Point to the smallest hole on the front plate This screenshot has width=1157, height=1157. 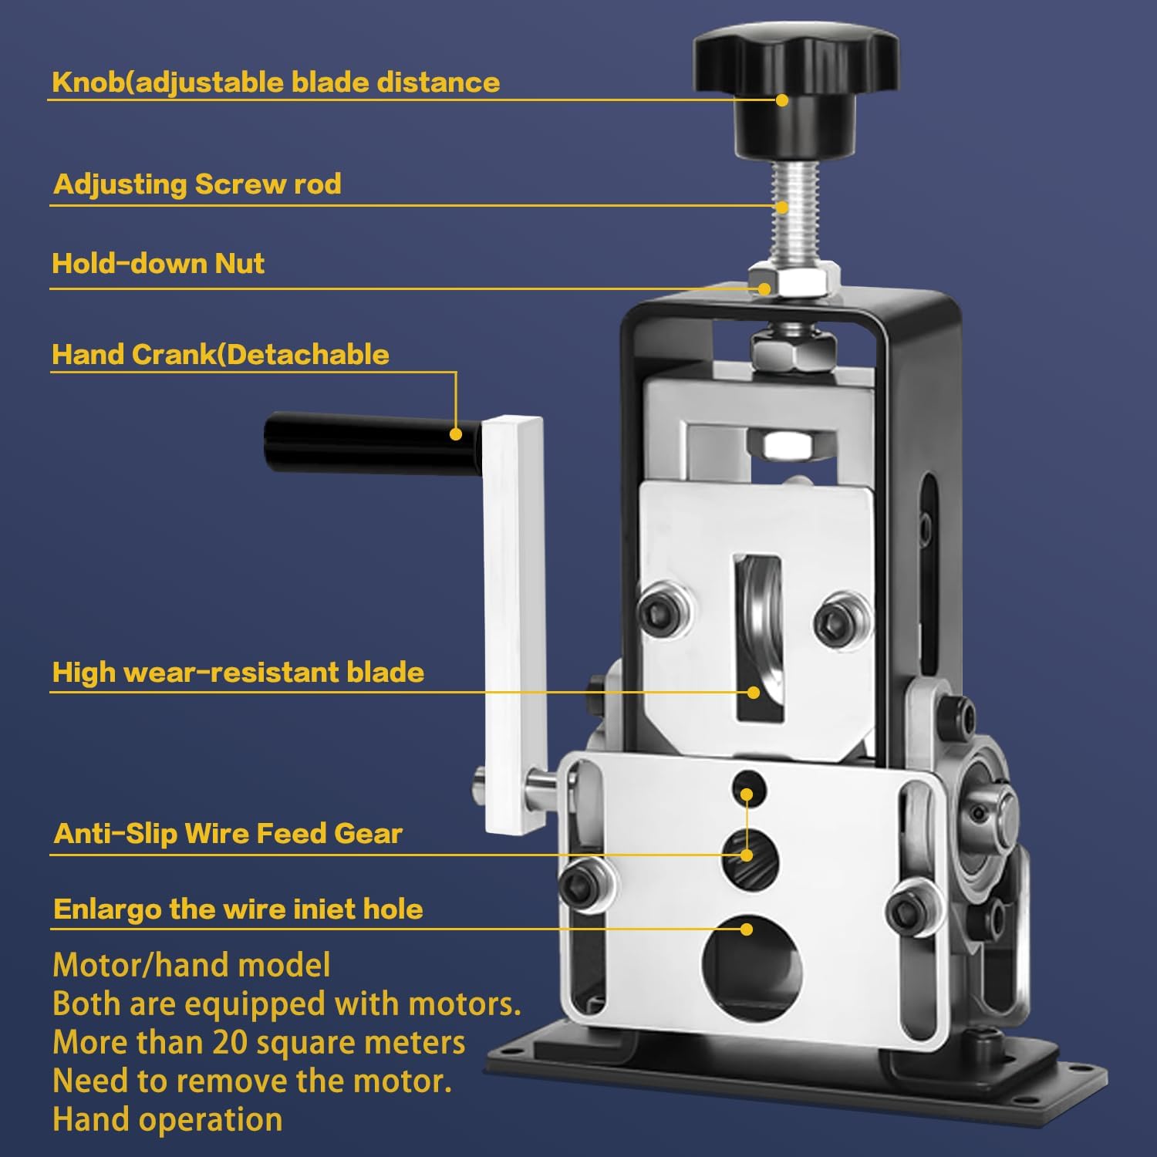(748, 789)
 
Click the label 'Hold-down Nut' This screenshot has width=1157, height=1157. (158, 264)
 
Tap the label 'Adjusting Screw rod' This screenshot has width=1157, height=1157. (197, 184)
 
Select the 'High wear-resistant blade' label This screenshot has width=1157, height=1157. (238, 673)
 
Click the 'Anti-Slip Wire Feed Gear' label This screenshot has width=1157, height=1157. (228, 834)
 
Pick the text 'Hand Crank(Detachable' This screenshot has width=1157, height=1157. (221, 355)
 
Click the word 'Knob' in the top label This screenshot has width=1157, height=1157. (88, 83)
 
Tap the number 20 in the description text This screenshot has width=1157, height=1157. (230, 1043)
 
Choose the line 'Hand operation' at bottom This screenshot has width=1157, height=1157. (167, 1120)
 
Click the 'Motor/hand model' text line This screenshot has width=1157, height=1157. (191, 966)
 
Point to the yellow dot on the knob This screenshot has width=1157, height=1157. (782, 100)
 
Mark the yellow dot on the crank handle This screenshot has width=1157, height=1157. (456, 434)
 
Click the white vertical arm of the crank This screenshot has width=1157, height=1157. (514, 625)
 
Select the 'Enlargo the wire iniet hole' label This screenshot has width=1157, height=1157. (238, 909)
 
